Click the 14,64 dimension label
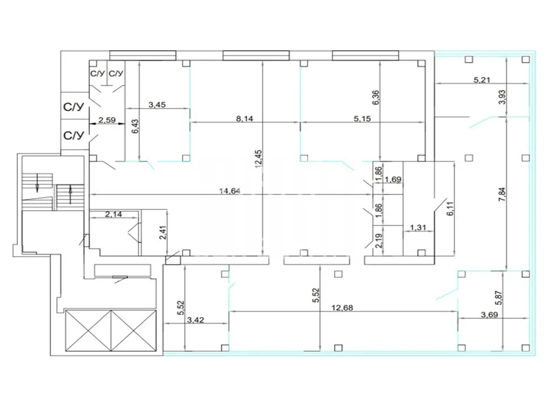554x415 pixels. tap(229, 191)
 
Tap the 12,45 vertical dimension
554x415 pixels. tap(258, 159)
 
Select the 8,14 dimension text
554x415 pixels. tap(245, 118)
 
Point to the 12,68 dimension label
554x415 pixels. tap(342, 307)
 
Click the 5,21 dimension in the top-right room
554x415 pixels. tap(482, 80)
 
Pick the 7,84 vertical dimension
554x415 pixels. tap(503, 194)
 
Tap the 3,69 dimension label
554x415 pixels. tap(489, 314)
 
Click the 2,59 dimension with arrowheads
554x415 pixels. tap(107, 120)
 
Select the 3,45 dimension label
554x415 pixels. tap(157, 105)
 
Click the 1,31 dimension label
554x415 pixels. tap(418, 227)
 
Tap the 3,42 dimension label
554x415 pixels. tap(195, 320)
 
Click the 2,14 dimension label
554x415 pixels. tap(114, 214)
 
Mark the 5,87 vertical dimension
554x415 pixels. tap(498, 298)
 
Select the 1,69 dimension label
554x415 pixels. tap(393, 179)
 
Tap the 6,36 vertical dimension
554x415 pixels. tap(375, 97)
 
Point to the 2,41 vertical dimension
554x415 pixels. tap(163, 232)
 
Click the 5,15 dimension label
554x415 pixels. tap(362, 118)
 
